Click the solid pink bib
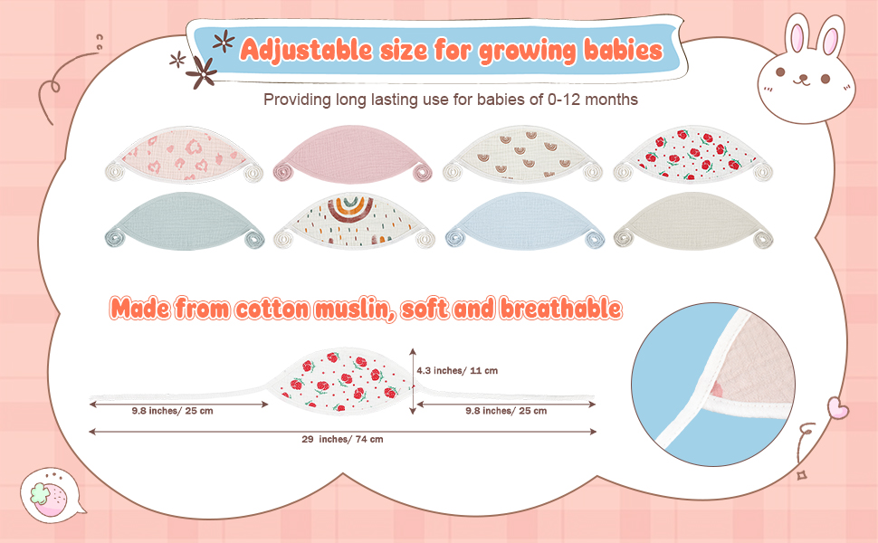pos(352,153)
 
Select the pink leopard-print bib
pos(184,154)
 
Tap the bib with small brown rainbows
pos(522,154)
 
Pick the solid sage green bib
pos(184,221)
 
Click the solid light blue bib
pos(525,221)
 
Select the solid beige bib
pos(693,221)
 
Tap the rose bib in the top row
pos(692,154)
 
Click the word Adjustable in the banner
pos(306,51)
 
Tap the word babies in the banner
pos(624,51)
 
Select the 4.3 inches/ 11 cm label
pos(457,370)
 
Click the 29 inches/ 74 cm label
pos(342,440)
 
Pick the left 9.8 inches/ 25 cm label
pos(173,411)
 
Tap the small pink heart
pos(837,407)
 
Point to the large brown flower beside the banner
pos(202,72)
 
